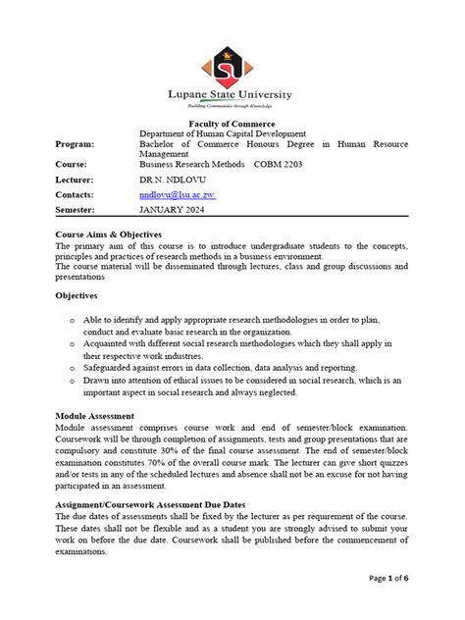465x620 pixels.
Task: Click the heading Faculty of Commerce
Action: (232, 121)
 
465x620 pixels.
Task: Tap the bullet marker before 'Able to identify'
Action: (73, 321)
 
